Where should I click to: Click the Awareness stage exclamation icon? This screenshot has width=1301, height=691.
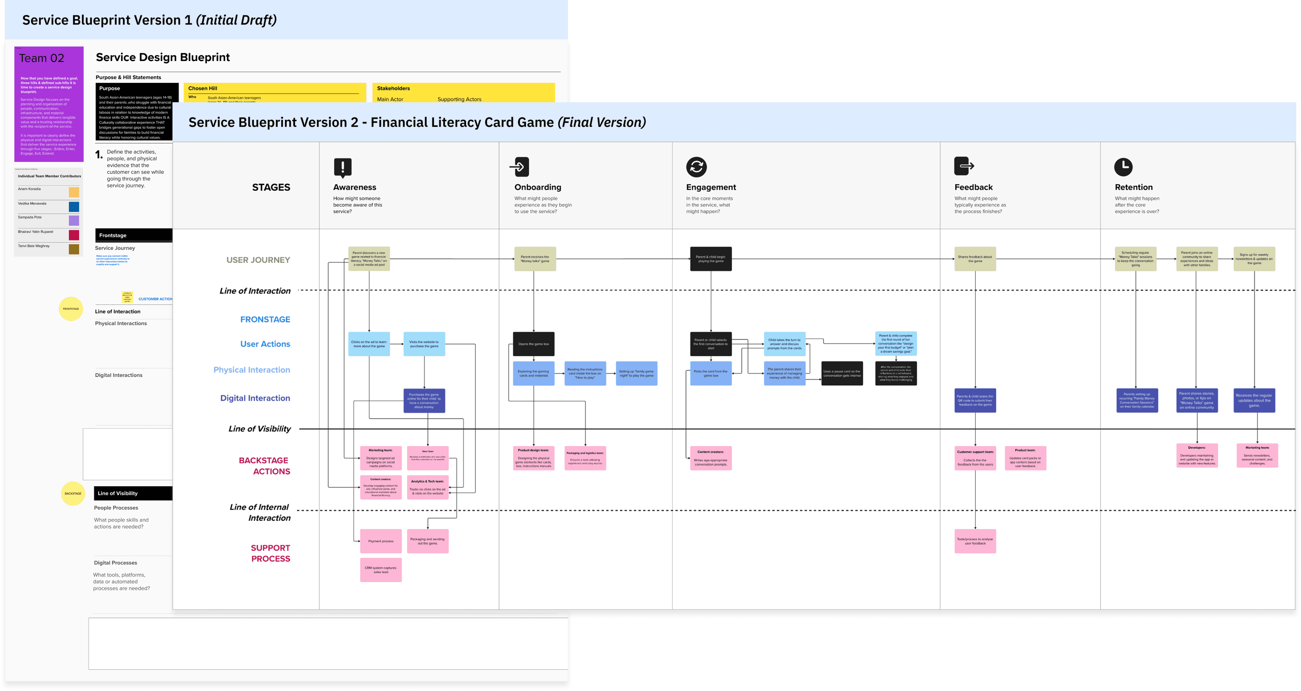pos(342,167)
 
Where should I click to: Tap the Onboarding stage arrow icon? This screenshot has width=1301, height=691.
pos(520,167)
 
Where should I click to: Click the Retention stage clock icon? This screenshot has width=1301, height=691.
pos(1123,167)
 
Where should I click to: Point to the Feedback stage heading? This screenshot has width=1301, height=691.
pos(973,187)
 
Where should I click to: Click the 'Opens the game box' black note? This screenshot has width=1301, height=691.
pos(533,344)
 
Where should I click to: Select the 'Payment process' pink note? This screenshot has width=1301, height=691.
pos(381,541)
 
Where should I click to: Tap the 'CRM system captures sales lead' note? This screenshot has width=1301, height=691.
pos(381,570)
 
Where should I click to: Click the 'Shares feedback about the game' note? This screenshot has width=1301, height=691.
pos(975,258)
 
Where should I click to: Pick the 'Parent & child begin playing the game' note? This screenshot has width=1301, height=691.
pos(711,258)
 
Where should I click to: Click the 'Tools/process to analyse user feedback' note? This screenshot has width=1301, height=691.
pos(975,541)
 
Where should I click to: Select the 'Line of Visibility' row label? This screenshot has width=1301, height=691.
pos(260,429)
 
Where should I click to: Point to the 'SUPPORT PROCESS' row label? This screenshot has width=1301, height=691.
pos(270,553)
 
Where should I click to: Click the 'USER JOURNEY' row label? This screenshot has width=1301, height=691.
pos(258,260)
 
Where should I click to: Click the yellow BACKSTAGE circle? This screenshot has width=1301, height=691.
pos(73,493)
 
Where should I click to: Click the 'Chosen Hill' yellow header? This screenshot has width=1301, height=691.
pos(203,88)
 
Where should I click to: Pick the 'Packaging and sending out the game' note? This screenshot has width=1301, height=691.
pos(427,541)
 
